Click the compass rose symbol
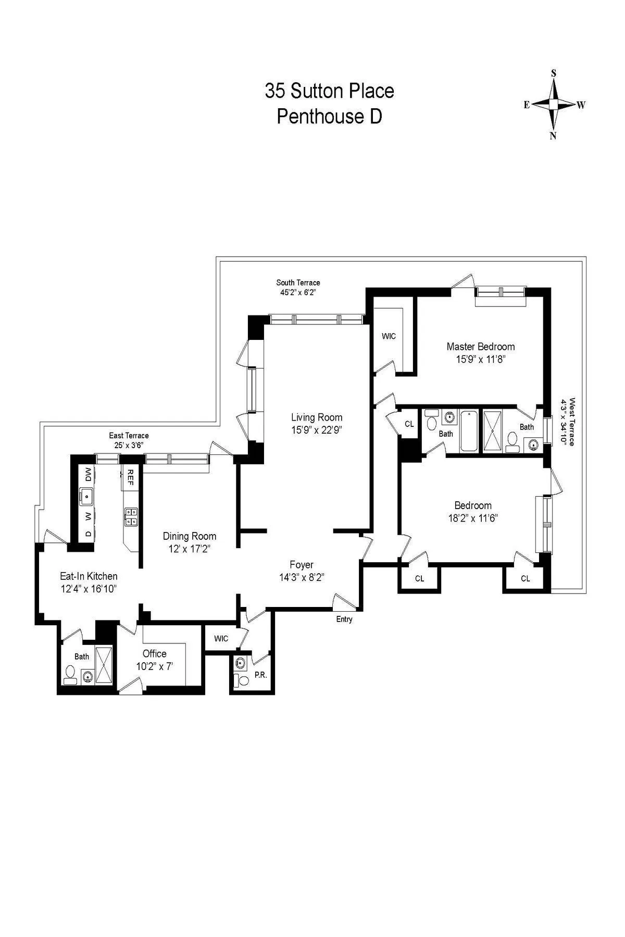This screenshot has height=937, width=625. coord(554,105)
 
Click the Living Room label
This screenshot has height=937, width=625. coord(316,417)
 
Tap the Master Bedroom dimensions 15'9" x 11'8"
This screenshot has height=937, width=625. coord(481,359)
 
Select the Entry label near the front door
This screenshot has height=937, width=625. coord(344,619)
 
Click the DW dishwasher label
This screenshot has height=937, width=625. coord(88,474)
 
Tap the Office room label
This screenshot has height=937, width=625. coord(155,653)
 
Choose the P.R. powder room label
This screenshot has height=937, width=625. coord(260,675)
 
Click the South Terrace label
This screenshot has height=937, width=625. coord(298,283)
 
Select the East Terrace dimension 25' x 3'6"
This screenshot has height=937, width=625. coord(129,445)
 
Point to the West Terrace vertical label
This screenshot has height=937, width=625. coord(572,422)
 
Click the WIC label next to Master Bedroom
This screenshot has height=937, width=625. coord(389,336)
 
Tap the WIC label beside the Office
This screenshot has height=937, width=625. coord(221,639)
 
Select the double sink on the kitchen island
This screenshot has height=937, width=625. coord(131,517)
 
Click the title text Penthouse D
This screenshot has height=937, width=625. coord(329,116)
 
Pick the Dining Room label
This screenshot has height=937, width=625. coord(189,536)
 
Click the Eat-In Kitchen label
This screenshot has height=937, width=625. coord(89,576)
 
